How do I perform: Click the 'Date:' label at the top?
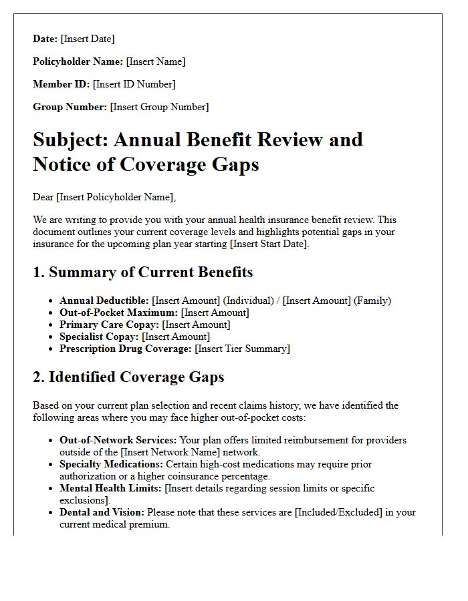coord(45,39)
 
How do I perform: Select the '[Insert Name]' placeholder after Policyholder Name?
coord(156,62)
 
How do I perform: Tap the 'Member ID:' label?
coord(62,84)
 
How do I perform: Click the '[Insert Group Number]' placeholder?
coord(159,107)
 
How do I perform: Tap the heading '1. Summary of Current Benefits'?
coord(142,272)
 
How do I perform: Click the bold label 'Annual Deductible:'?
coord(104,300)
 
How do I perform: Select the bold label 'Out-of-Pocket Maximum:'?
coord(119,313)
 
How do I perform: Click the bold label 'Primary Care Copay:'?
coord(109,325)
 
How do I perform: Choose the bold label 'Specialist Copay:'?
coord(100,337)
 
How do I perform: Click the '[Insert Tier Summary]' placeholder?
coord(242,349)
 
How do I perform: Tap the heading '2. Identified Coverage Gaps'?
coord(128,377)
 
